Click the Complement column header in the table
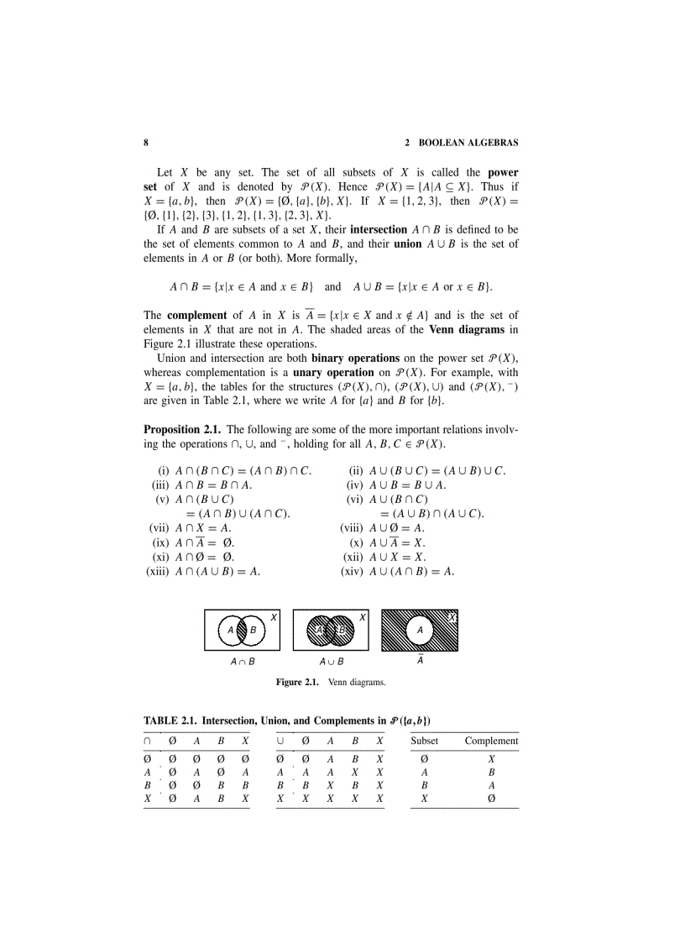click(491, 741)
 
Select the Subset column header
click(424, 741)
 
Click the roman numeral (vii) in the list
click(158, 527)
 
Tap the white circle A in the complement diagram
click(420, 629)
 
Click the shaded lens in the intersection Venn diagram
click(241, 629)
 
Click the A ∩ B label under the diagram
click(242, 662)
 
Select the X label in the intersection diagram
click(273, 616)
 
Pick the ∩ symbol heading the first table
click(147, 741)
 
